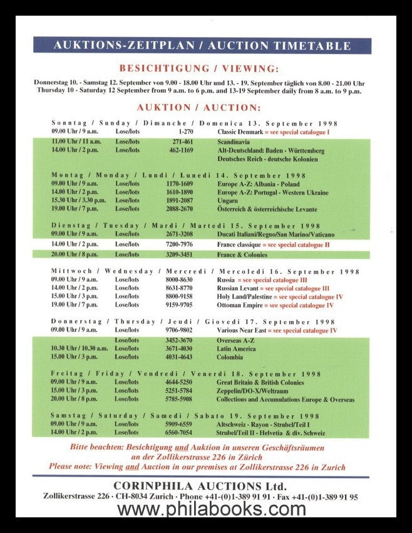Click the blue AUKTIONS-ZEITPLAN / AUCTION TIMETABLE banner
click(202, 45)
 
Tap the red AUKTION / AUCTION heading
click(198, 108)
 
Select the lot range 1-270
click(186, 132)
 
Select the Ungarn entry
click(227, 201)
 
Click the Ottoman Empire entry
click(240, 305)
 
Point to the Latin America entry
click(236, 349)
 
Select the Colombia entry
click(230, 357)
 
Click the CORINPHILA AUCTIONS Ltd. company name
click(200, 486)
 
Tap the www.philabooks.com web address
click(207, 509)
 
